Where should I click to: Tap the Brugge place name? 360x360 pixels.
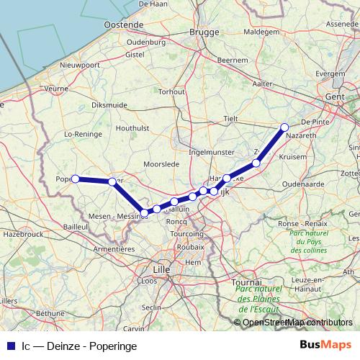(x=203, y=32)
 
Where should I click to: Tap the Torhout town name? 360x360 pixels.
(x=172, y=91)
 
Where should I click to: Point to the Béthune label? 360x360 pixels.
(x=50, y=314)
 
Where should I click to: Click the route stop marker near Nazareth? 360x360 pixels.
(x=284, y=127)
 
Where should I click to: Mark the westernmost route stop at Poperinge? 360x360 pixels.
(x=75, y=179)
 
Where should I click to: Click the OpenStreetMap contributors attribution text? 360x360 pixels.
(x=297, y=323)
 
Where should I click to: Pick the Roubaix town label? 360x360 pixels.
(x=190, y=246)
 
